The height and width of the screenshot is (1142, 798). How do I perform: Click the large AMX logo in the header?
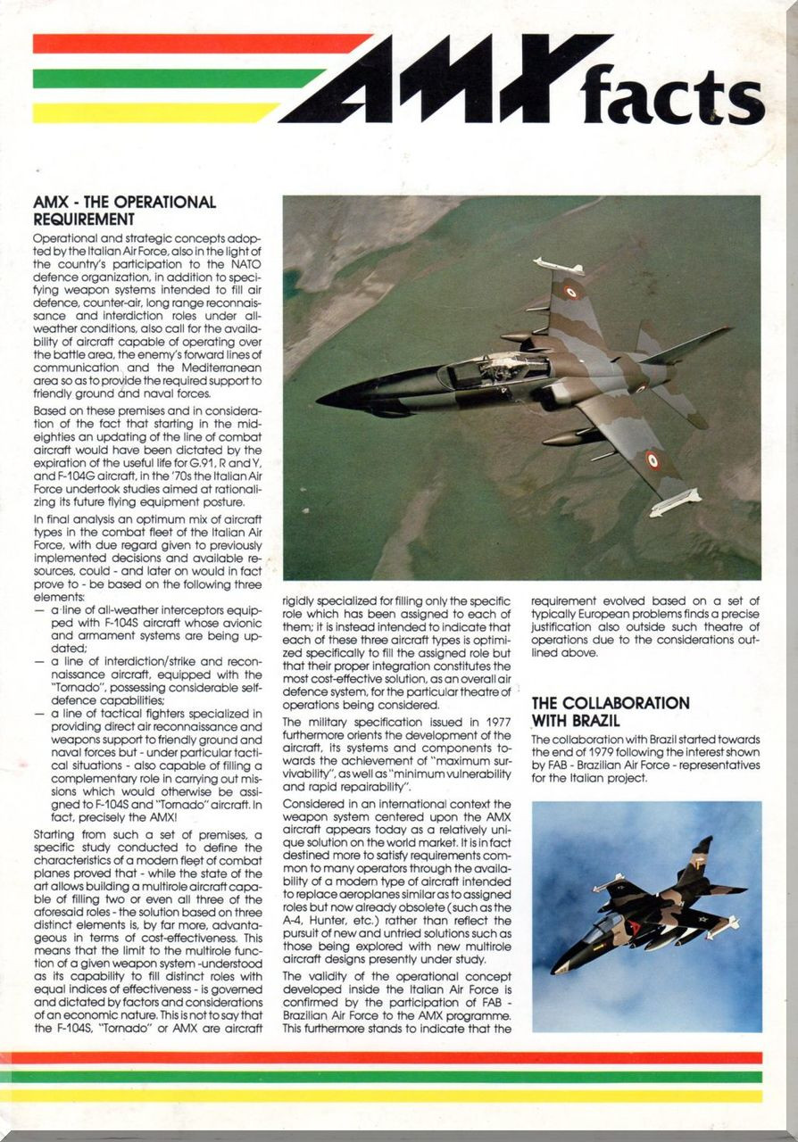pos(446,80)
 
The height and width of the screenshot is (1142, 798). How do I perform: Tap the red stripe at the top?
pos(201,43)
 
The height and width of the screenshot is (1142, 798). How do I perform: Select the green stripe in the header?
pos(179,79)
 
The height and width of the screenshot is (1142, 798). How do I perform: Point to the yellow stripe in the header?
pos(156,112)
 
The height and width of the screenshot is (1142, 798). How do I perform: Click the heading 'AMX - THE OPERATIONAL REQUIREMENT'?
pos(124,211)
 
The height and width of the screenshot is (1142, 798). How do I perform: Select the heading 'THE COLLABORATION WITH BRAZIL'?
pos(611,711)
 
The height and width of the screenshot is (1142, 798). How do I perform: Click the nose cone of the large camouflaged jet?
pos(327,398)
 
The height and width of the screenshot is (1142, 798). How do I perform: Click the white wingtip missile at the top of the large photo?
pos(558,266)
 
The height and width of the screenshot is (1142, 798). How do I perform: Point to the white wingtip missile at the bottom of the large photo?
pos(675,502)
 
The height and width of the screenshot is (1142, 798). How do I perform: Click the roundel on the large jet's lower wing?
pos(654,460)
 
